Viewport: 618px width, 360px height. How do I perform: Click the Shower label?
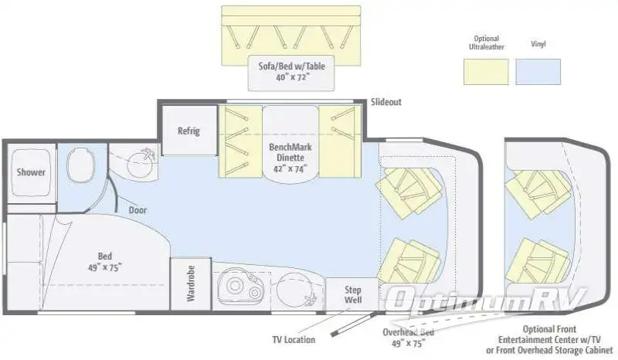point(31,172)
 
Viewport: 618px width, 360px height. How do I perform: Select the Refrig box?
point(188,131)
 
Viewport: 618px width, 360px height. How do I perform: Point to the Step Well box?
point(351,294)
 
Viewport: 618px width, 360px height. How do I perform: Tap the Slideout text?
point(385,102)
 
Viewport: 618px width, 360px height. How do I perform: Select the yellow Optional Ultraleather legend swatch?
point(486,71)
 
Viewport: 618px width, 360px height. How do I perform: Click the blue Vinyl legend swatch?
point(538,71)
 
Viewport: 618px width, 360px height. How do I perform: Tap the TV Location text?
point(293,339)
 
